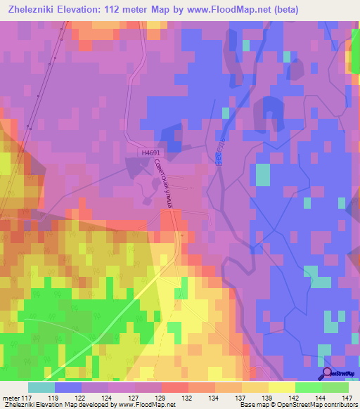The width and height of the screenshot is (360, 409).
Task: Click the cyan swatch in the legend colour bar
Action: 41,387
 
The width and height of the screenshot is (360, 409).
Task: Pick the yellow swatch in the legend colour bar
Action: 282,387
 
